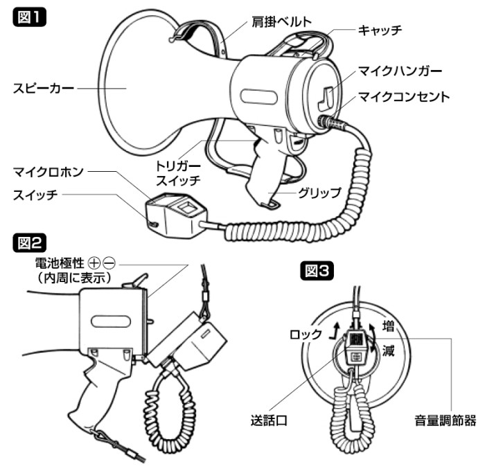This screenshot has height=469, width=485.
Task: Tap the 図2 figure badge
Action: click(30, 242)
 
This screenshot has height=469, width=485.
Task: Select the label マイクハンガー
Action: click(400, 71)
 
